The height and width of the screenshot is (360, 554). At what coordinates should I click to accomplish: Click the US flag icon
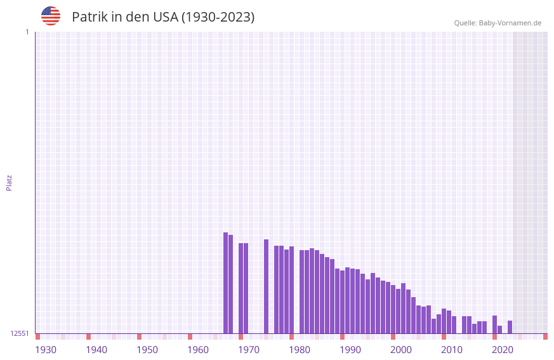pyautogui.click(x=51, y=16)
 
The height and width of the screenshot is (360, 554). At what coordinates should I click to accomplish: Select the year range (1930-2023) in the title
pyautogui.click(x=218, y=17)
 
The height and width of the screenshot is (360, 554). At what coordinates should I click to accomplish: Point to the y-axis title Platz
pyautogui.click(x=9, y=182)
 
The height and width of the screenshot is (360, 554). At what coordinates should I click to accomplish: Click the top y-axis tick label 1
pyautogui.click(x=27, y=32)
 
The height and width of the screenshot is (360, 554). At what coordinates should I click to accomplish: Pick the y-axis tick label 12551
pyautogui.click(x=20, y=333)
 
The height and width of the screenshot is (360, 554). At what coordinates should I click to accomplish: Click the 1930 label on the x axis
pyautogui.click(x=46, y=350)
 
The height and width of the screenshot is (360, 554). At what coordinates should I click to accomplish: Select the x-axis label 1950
pyautogui.click(x=147, y=350)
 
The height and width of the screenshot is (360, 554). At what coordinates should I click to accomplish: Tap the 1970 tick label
pyautogui.click(x=249, y=350)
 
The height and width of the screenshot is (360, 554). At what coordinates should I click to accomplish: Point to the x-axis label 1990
pyautogui.click(x=350, y=350)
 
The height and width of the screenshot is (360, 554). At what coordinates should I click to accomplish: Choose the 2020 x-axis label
pyautogui.click(x=503, y=350)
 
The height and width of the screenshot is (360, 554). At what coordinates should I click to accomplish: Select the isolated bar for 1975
pyautogui.click(x=266, y=286)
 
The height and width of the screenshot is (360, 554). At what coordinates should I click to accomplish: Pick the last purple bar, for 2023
pyautogui.click(x=510, y=327)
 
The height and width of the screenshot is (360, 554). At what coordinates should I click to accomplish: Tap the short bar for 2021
pyautogui.click(x=499, y=330)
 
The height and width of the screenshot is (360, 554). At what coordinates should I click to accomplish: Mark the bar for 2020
pyautogui.click(x=494, y=324)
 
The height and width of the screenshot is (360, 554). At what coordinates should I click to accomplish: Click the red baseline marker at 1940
pyautogui.click(x=88, y=337)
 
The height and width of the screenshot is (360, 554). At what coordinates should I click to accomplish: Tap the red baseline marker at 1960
pyautogui.click(x=190, y=337)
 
